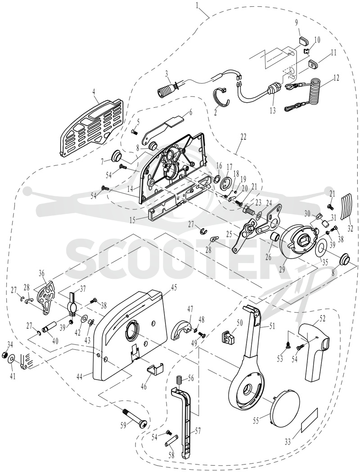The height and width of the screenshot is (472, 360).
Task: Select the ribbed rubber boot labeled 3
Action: point(168,88)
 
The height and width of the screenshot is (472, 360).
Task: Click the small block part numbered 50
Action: point(228,336)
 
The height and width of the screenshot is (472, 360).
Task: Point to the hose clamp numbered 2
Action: point(222,99)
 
